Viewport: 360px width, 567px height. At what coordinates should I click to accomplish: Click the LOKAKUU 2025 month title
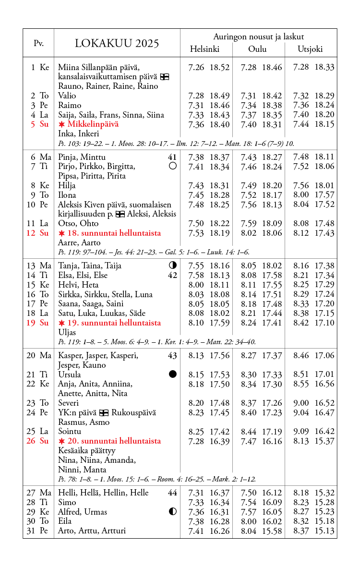[117, 44]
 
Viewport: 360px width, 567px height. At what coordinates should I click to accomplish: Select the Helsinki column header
[204, 49]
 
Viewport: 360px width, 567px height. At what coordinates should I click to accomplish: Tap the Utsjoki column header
[310, 49]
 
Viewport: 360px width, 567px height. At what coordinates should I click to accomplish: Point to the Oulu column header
[257, 49]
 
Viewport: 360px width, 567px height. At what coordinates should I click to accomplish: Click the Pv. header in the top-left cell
[38, 43]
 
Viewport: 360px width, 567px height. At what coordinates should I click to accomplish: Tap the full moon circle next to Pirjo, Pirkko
[173, 166]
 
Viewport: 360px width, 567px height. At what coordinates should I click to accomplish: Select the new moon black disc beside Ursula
[173, 374]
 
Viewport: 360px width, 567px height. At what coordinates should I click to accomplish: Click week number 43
[172, 356]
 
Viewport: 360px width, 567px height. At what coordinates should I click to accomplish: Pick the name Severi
[69, 403]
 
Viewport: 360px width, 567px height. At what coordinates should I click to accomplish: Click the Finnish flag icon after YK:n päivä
[103, 413]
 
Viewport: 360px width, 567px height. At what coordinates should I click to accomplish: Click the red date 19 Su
[38, 323]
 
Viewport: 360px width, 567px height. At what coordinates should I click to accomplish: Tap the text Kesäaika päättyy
[86, 450]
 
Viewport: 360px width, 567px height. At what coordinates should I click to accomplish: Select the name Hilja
[67, 185]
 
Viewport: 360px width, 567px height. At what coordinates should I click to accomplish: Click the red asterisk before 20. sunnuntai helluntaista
[61, 441]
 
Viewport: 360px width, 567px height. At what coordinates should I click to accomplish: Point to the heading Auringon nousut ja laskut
[258, 36]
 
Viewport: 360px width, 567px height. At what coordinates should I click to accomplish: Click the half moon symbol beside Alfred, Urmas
[173, 512]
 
